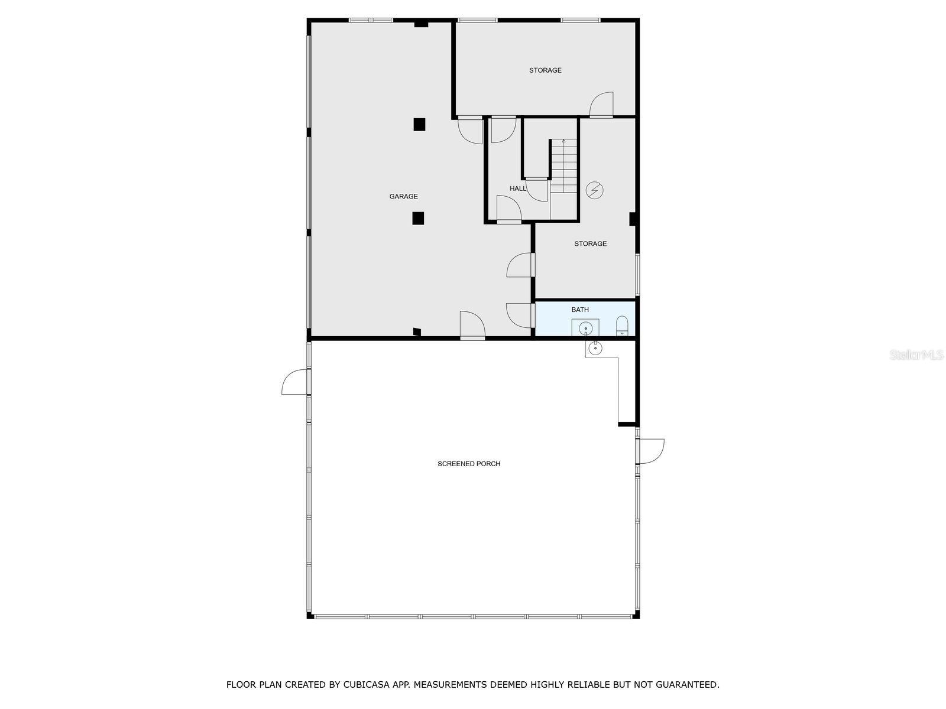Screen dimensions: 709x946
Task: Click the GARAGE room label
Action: (x=403, y=197)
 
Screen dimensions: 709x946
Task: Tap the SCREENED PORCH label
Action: (x=469, y=464)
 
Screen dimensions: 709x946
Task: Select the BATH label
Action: (x=580, y=310)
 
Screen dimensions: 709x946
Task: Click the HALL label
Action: (x=518, y=188)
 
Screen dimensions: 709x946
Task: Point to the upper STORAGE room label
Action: (x=545, y=70)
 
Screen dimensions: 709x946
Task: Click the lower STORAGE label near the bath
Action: (x=590, y=243)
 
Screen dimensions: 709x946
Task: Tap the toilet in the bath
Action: (x=622, y=326)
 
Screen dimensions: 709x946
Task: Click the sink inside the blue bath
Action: (x=585, y=327)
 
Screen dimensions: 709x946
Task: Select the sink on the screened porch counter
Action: (x=594, y=348)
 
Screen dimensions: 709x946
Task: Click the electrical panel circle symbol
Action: (x=594, y=190)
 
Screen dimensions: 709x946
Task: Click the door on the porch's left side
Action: (x=295, y=382)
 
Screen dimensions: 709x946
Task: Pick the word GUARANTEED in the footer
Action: (x=689, y=685)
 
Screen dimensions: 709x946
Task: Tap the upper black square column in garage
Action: (x=419, y=124)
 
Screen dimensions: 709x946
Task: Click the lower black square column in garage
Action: (x=418, y=218)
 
